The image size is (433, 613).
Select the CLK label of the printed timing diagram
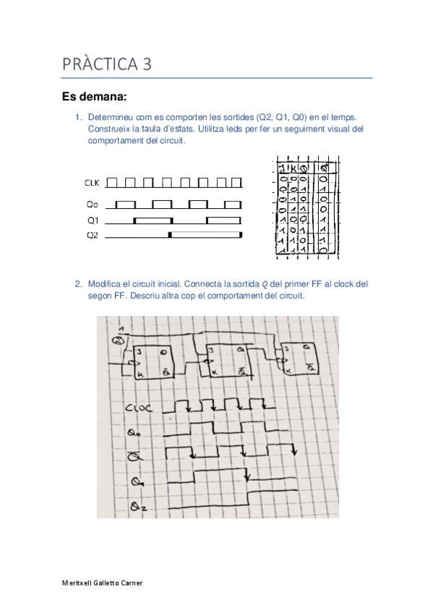pos(93,182)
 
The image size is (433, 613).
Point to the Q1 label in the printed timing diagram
pos(92,220)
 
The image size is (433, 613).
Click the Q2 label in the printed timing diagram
pos(92,235)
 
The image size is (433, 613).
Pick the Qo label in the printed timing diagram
pos(92,205)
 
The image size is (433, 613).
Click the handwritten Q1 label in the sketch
pos(135,481)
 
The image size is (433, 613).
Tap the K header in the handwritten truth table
pos(293,168)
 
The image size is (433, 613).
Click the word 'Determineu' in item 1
pos(111,116)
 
